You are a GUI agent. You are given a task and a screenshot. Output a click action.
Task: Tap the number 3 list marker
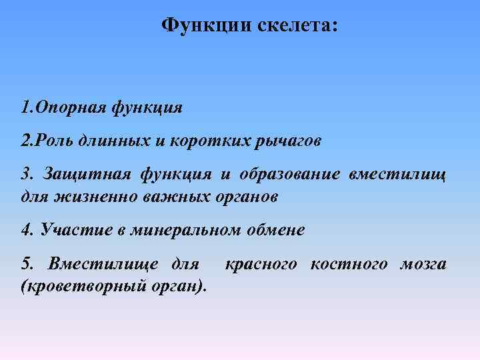pos(27,175)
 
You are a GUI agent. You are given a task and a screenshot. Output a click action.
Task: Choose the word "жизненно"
pos(91,197)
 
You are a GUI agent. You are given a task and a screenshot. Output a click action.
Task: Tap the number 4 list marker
pos(27,231)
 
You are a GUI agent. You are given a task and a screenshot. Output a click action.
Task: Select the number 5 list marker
pos(27,265)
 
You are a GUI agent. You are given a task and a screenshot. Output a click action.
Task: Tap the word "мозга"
pos(423,265)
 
